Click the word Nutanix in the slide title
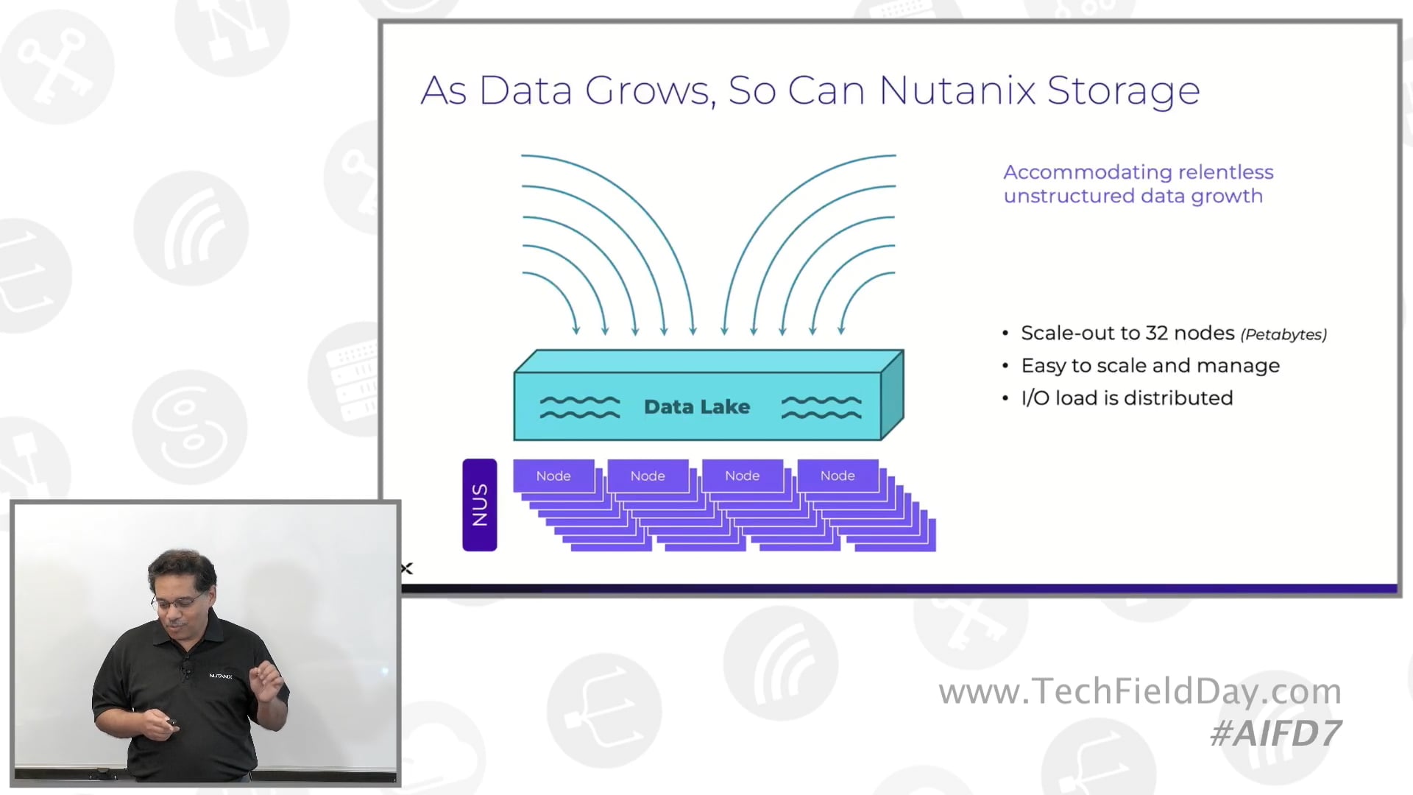956,91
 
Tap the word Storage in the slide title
1123,92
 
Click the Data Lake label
696,406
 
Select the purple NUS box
479,505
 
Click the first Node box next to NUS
553,476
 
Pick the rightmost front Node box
837,476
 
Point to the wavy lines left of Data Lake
580,407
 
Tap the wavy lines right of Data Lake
821,407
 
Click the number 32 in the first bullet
1156,333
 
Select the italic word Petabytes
1283,334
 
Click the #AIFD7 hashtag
1275,733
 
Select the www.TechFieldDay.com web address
1139,691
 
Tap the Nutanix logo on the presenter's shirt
220,676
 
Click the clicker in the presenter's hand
171,723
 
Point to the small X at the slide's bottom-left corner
407,568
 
